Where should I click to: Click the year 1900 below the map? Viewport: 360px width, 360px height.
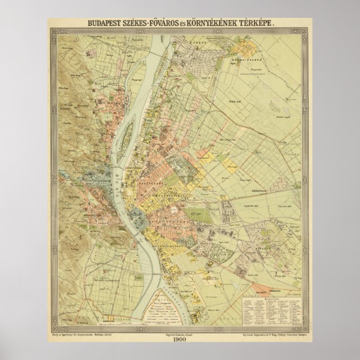180,342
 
